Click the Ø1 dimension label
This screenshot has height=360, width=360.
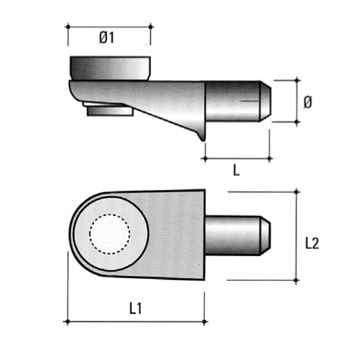107,38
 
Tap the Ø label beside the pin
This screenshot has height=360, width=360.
308,102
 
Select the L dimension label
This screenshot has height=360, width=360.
236,170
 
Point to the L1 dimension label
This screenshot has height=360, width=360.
135,308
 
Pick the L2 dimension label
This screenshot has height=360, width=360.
312,243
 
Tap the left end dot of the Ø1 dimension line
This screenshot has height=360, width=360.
68,27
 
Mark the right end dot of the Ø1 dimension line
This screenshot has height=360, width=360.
151,27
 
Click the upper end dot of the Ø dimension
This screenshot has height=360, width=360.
297,80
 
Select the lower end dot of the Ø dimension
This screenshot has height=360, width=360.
297,122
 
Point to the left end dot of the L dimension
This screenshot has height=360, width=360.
206,158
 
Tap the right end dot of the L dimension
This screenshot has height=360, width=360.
270,158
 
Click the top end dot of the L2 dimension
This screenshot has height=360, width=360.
296,192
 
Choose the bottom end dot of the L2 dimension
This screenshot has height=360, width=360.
296,280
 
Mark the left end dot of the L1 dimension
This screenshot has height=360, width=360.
67,321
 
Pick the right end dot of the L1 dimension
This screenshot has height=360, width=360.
204,321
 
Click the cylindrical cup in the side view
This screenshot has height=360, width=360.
110,69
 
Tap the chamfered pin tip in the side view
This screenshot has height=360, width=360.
265,101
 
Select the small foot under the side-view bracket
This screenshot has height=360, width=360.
110,111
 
